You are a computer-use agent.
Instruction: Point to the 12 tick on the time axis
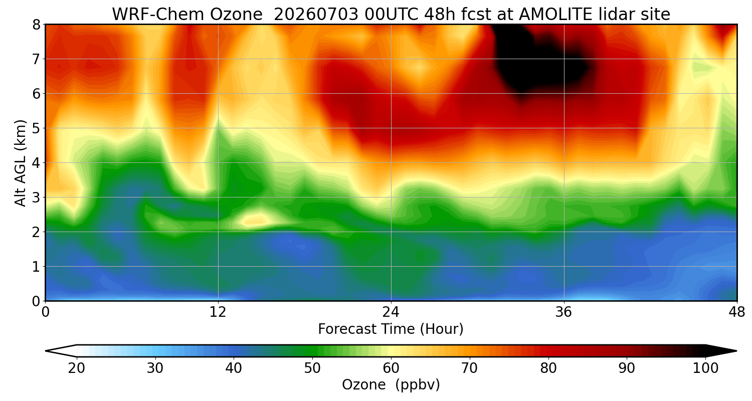click(x=218, y=312)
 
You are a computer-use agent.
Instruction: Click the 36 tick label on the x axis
click(x=563, y=312)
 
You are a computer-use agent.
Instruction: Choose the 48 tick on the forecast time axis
click(x=736, y=312)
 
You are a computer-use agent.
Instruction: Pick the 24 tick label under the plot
click(x=391, y=312)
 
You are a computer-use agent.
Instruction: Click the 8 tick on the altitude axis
click(x=36, y=25)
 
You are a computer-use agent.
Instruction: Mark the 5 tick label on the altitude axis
click(x=36, y=128)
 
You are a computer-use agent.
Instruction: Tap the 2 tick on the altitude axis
click(x=36, y=232)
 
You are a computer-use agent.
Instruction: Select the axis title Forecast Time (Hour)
click(x=391, y=329)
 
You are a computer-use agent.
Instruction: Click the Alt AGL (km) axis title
click(x=20, y=163)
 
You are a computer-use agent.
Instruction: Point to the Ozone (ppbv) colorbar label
click(x=391, y=385)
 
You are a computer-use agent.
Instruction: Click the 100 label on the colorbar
click(x=705, y=368)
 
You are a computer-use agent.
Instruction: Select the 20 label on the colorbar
click(x=77, y=368)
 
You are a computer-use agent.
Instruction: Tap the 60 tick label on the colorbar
click(x=391, y=368)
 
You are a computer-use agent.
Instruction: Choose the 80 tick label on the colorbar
click(x=548, y=368)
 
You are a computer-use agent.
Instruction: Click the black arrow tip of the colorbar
click(x=736, y=351)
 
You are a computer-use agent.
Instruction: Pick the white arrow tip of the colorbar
click(x=46, y=351)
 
